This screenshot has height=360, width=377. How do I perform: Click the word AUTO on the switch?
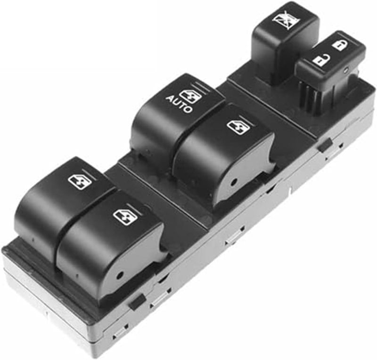point(179,104)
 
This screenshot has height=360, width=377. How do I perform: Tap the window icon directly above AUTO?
point(191,95)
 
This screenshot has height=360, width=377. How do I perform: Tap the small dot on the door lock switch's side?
point(346,70)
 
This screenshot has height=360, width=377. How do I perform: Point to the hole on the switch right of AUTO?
point(234,181)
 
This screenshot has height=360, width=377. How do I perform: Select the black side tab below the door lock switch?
point(325,146)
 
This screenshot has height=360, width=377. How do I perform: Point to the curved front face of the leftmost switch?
point(38,221)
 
